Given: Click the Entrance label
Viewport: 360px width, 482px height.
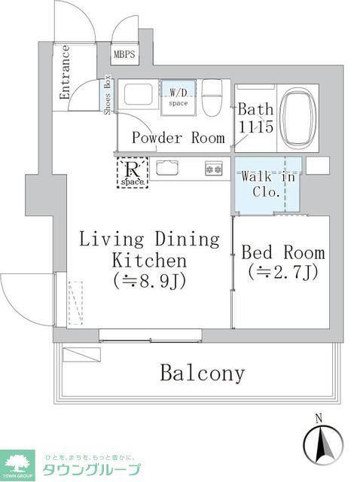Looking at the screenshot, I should (65, 72).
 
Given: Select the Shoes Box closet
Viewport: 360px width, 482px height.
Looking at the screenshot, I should (108, 97).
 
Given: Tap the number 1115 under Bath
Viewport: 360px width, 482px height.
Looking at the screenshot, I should (256, 128).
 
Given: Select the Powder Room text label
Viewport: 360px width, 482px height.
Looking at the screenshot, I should (178, 138).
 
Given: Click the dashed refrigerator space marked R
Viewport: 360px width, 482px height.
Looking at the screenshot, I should (132, 172).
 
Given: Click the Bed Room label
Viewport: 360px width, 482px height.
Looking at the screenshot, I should (283, 252).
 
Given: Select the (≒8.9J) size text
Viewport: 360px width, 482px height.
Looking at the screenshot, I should (150, 282).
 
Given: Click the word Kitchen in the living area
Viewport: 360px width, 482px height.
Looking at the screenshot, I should (149, 261).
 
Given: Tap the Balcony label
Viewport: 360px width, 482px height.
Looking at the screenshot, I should (202, 374).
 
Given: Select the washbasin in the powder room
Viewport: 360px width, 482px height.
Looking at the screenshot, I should (138, 96).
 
